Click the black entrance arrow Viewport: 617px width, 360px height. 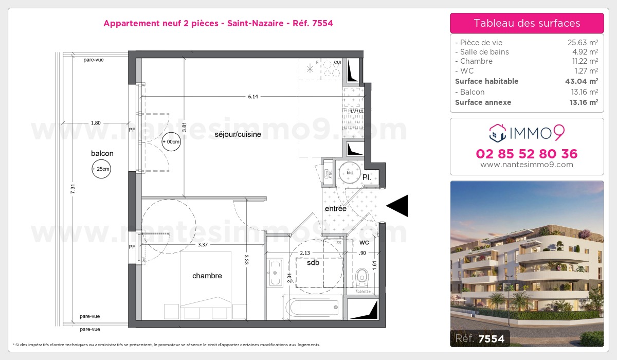398,206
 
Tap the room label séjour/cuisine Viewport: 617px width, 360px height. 238,134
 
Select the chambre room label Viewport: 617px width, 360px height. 207,276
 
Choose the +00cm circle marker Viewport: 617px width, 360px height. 171,141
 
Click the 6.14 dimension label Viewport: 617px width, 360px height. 251,96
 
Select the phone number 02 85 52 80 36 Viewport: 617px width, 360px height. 527,154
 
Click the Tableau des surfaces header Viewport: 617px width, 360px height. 527,23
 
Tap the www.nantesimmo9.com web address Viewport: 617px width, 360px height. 527,165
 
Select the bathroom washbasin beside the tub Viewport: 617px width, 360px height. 275,273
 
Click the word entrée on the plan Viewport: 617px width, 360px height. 335,208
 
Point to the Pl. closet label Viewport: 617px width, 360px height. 367,177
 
